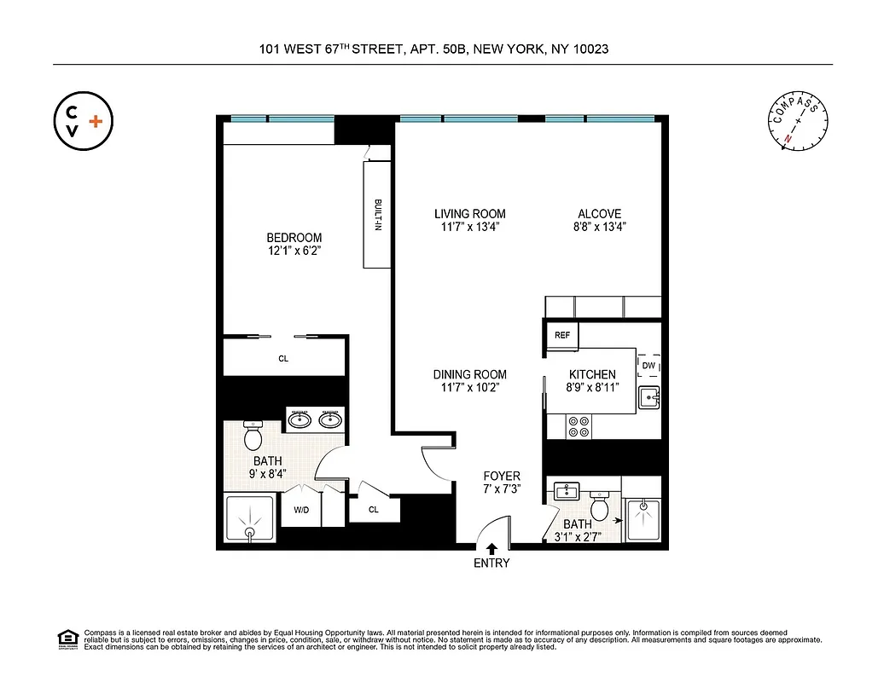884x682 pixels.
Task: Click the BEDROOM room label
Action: pos(294,238)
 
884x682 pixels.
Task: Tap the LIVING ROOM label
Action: pos(469,214)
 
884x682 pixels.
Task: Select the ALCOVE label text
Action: pos(599,214)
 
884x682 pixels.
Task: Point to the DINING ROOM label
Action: pos(469,374)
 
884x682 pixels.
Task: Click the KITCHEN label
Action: pos(592,374)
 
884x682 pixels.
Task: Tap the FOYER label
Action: pos(501,476)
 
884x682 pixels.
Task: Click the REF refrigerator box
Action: pos(562,335)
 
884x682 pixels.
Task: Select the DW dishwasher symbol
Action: pos(648,366)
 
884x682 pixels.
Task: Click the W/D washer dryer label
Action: pos(300,511)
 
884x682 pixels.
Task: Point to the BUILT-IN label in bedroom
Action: pos(376,214)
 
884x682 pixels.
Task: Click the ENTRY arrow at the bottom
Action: pos(491,548)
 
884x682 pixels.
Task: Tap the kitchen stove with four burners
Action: pos(579,425)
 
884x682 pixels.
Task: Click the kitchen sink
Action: pos(648,396)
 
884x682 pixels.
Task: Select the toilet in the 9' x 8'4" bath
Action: pos(253,436)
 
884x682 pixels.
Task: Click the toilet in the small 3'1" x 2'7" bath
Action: pos(600,508)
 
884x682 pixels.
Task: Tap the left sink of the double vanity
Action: pos(300,419)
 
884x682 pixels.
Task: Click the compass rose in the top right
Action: pos(798,124)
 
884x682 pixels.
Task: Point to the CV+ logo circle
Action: pos(83,121)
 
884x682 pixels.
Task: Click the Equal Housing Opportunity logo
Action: pos(67,638)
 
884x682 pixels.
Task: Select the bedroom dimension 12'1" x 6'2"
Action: pos(294,251)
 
